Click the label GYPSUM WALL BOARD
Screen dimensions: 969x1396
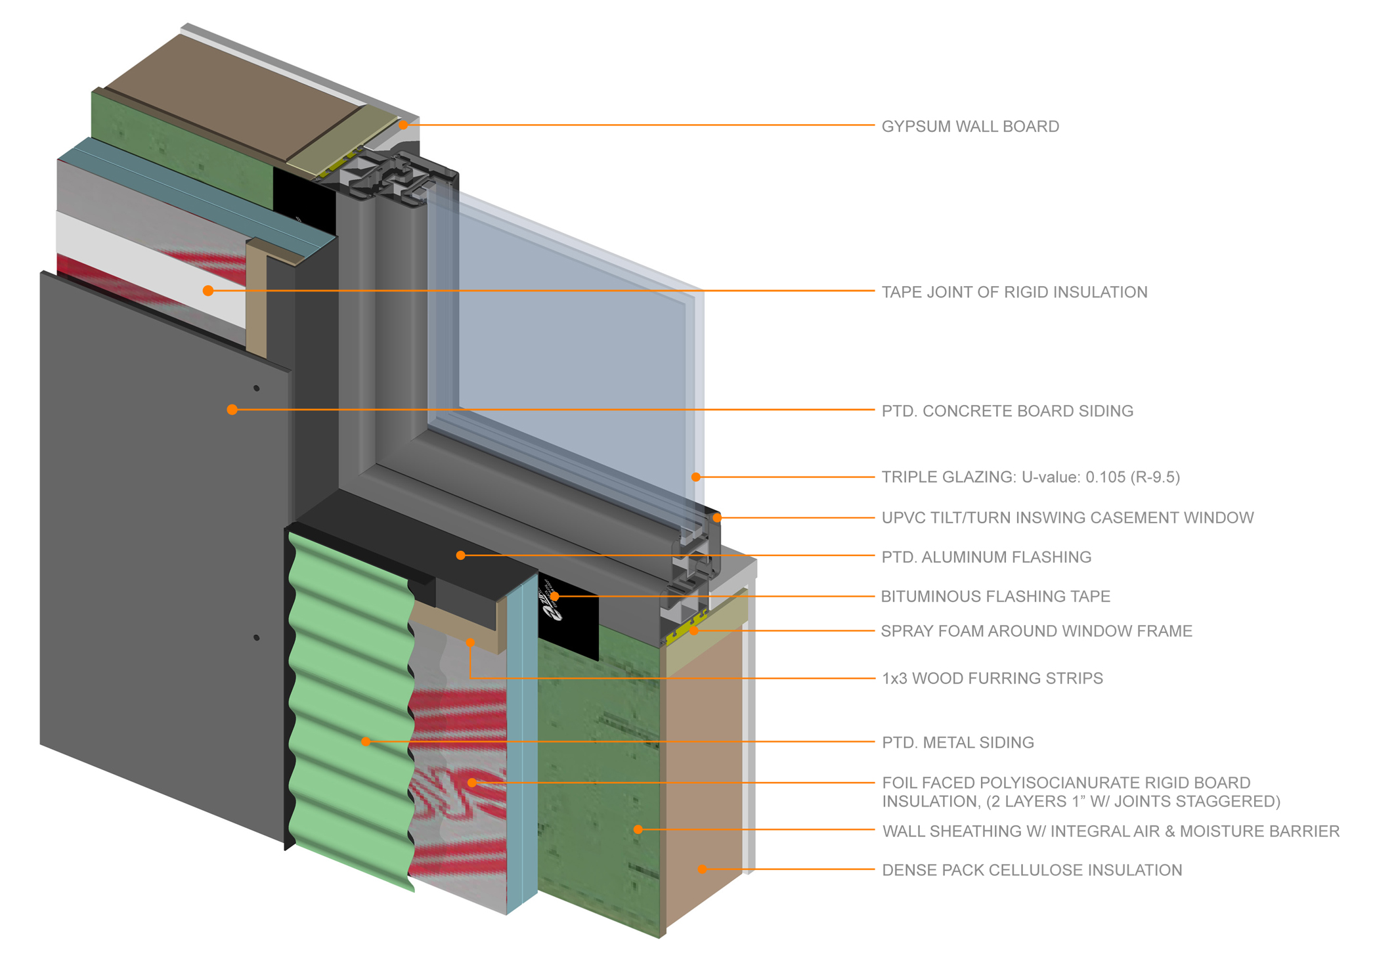pyautogui.click(x=970, y=126)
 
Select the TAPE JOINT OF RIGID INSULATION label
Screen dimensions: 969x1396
pyautogui.click(x=1014, y=292)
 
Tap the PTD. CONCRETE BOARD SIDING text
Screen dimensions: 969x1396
pyautogui.click(x=1007, y=411)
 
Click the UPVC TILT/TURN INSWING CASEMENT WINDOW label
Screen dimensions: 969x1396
pyautogui.click(x=1067, y=518)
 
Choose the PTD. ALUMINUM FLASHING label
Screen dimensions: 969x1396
pyautogui.click(x=986, y=557)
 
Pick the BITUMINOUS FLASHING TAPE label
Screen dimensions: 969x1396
pyautogui.click(x=995, y=597)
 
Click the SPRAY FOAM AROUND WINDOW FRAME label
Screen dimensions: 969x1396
pyautogui.click(x=1036, y=632)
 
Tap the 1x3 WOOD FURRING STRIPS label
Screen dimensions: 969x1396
pyautogui.click(x=992, y=678)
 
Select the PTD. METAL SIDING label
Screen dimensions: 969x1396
pyautogui.click(x=957, y=743)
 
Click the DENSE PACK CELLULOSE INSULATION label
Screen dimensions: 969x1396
pyautogui.click(x=1032, y=871)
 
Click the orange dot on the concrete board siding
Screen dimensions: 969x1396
pyautogui.click(x=232, y=410)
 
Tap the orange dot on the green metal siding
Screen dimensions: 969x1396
pyautogui.click(x=366, y=742)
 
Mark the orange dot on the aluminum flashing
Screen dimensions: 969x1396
pyautogui.click(x=461, y=555)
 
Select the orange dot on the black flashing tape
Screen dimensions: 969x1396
pyautogui.click(x=555, y=597)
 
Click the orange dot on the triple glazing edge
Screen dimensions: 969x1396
pyautogui.click(x=695, y=477)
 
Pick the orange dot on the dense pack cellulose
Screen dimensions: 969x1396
pyautogui.click(x=702, y=869)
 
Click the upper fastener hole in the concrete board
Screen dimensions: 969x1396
pyautogui.click(x=257, y=389)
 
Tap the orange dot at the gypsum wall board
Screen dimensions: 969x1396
pyautogui.click(x=403, y=125)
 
